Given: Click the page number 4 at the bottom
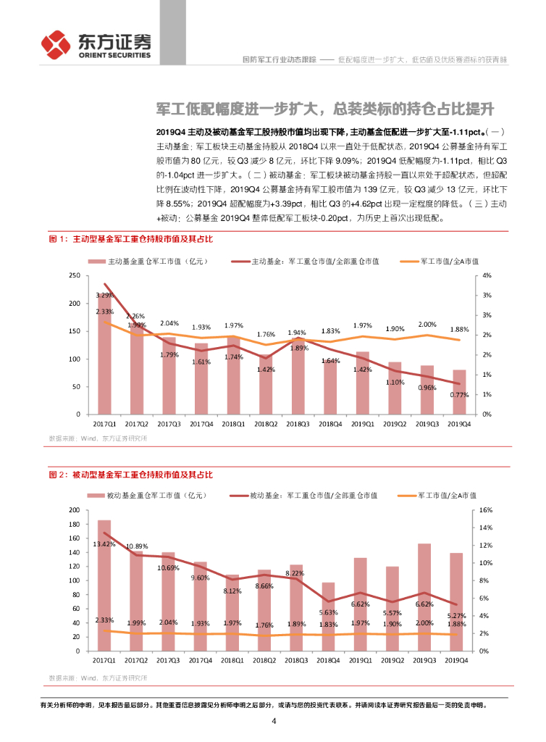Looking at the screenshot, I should (x=274, y=720).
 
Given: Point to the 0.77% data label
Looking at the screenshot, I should (x=459, y=395).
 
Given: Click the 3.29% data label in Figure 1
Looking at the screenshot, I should (x=104, y=295).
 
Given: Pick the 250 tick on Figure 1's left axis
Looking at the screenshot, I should (x=74, y=276).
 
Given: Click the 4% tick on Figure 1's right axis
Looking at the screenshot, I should (x=487, y=276).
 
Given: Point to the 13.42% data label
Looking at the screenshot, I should (x=105, y=543).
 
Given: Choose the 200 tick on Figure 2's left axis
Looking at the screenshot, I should (x=74, y=510).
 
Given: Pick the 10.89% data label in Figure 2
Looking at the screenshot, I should (x=136, y=546).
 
